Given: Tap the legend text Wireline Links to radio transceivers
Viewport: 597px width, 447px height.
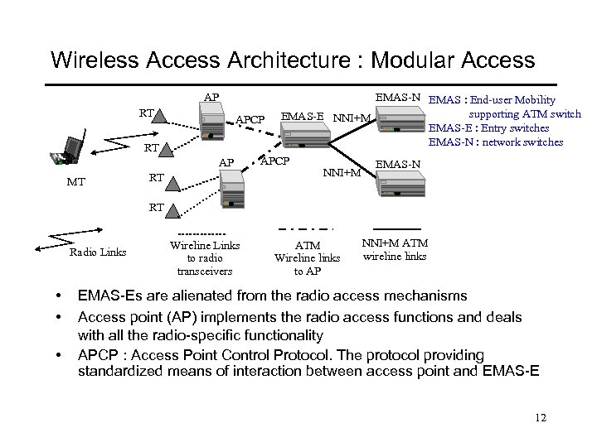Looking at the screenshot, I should [200, 257].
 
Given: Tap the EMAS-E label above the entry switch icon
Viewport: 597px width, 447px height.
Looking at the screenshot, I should [303, 114].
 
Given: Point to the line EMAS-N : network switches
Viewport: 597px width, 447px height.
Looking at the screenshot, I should [495, 142].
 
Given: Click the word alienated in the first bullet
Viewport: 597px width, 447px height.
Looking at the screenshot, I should [198, 296].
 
